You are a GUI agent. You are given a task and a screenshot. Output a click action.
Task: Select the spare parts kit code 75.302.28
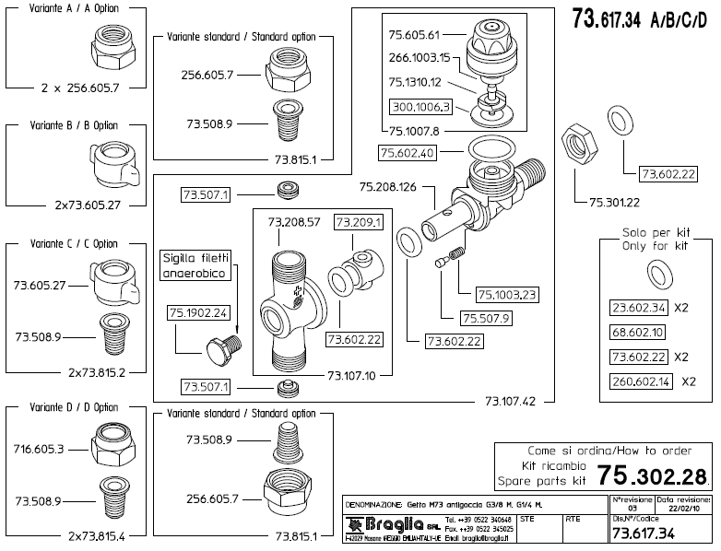click(654, 475)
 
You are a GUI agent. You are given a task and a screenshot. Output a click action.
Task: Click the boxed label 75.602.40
click(408, 151)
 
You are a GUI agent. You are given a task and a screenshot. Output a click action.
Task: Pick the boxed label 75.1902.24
click(197, 313)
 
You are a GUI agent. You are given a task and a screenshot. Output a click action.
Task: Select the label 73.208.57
click(294, 222)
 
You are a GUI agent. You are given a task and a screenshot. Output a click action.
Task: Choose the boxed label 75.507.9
click(484, 319)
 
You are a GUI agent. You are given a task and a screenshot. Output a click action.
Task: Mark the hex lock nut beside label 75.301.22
click(582, 141)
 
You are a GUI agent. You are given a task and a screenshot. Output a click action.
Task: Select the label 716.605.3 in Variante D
click(39, 449)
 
